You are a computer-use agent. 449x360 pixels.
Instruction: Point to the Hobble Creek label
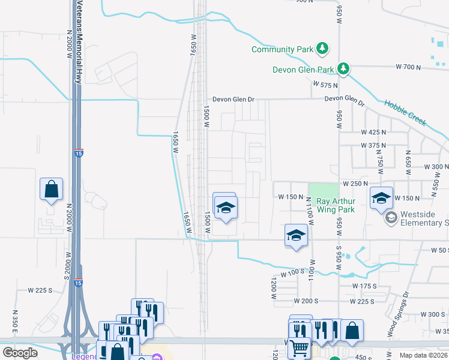pos(406,113)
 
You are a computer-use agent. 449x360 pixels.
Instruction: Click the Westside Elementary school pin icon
pos(391,217)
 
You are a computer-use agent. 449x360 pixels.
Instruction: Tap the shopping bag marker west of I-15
pos(51,189)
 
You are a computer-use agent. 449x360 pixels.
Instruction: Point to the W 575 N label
pos(324,86)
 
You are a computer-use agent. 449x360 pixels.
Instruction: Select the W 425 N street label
pos(372,131)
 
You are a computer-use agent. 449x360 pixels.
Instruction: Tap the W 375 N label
pos(372,145)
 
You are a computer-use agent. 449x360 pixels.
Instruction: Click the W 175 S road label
pos(364,286)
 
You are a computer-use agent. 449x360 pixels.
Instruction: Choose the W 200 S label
pos(305,301)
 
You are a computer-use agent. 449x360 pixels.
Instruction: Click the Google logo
pos(20,353)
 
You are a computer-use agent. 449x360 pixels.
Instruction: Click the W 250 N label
pos(354,184)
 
